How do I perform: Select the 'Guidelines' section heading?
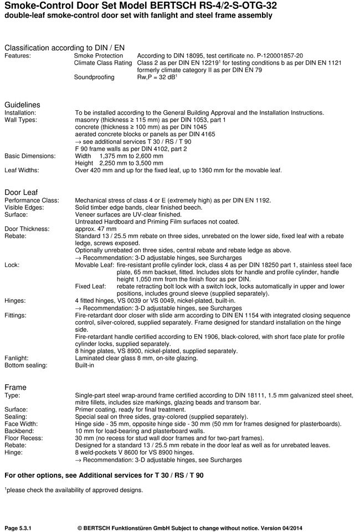coord(22,105)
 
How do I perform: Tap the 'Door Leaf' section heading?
coord(21,192)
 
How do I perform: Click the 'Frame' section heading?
coord(16,387)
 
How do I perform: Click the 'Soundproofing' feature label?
coord(94,77)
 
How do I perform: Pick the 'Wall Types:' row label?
coord(21,120)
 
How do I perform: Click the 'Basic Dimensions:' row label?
coord(30,156)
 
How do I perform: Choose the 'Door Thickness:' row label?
coord(27,229)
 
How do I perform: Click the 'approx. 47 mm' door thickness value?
coord(96,229)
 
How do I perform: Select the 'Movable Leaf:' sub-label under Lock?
coord(95,265)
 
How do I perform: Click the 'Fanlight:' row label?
coord(17,358)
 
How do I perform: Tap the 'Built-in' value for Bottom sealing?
coord(86,365)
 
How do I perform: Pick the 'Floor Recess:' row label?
coord(24,438)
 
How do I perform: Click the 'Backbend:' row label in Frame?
coord(20,431)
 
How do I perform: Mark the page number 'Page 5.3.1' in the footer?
coord(18,528)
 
